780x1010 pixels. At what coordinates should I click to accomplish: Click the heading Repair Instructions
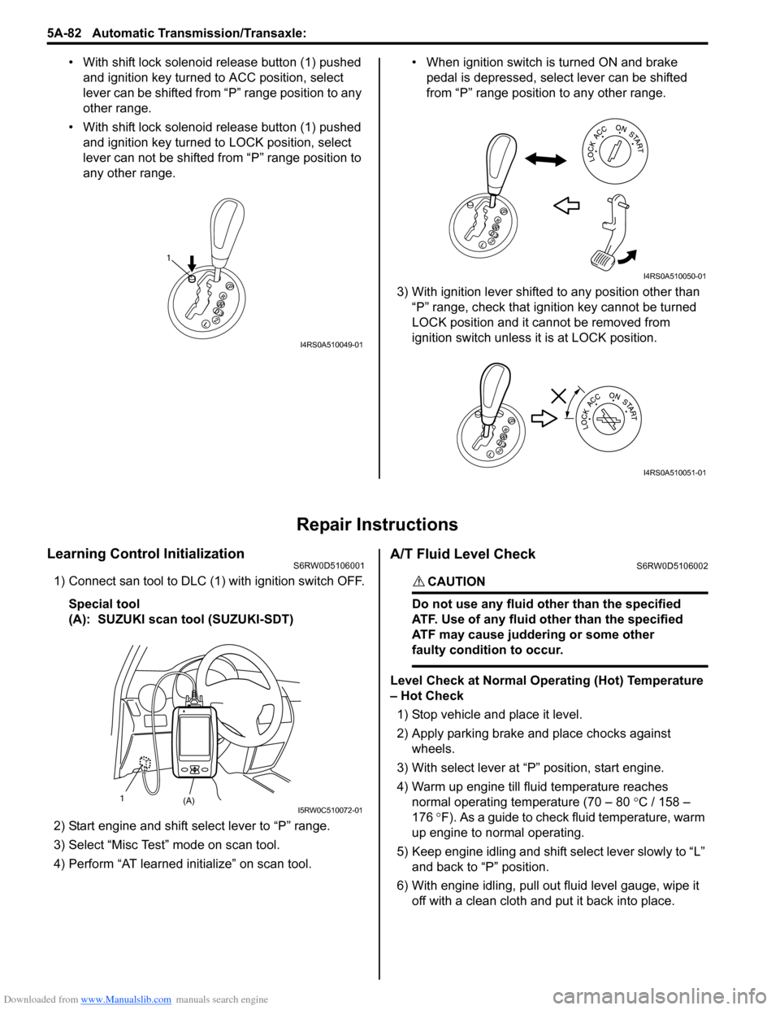[x=377, y=525]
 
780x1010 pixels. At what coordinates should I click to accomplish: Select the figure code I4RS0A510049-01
[x=331, y=345]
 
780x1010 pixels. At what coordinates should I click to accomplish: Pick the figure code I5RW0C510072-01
[x=330, y=810]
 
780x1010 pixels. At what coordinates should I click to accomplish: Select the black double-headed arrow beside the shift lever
[x=546, y=161]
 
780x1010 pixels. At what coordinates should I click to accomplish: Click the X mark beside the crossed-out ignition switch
[x=559, y=395]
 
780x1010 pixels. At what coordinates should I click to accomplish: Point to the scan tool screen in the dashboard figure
[x=194, y=735]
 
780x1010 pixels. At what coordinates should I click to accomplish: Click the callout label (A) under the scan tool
[x=188, y=801]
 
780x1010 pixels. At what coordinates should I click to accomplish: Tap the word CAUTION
[x=456, y=581]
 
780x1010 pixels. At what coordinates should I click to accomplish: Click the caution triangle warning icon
[x=418, y=581]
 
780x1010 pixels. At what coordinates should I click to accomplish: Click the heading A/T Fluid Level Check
[x=462, y=554]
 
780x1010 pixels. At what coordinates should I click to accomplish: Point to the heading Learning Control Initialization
[x=145, y=554]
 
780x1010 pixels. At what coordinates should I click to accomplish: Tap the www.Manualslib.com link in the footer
[x=126, y=999]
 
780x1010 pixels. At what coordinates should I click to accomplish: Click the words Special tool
[x=104, y=603]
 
